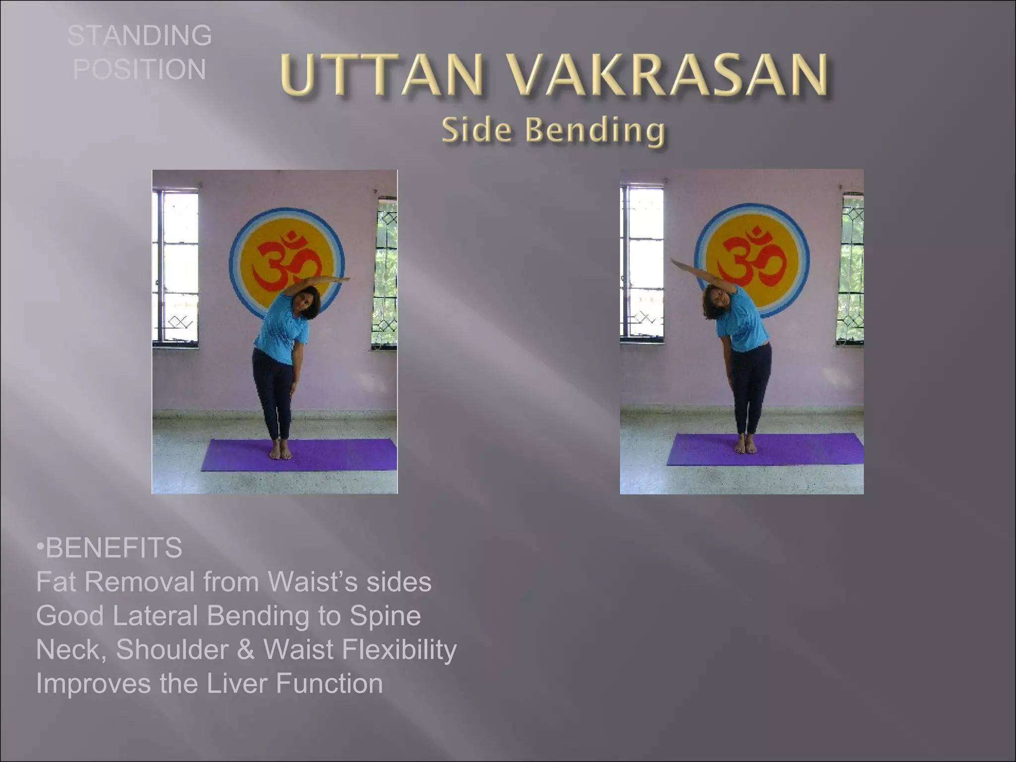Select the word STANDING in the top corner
click(139, 36)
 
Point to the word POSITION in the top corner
click(139, 69)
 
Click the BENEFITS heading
click(113, 548)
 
